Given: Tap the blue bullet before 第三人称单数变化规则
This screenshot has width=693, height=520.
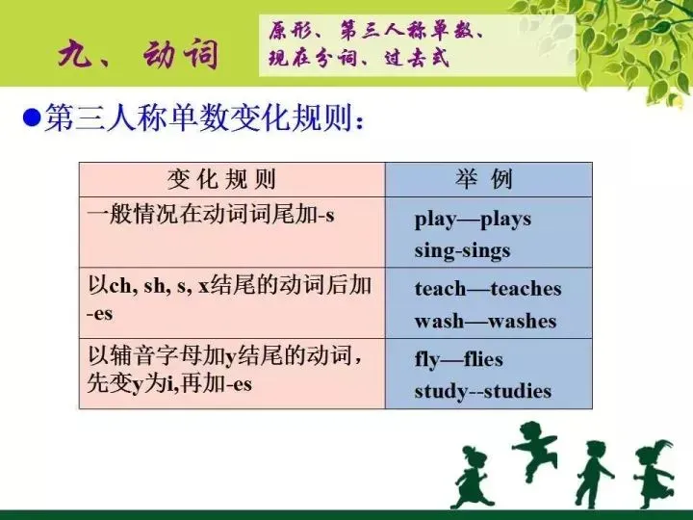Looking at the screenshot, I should click(30, 119).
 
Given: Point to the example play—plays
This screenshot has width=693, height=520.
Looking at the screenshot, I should click(473, 219).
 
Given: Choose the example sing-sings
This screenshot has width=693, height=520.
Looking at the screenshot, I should click(462, 250).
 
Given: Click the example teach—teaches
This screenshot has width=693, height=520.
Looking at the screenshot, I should click(487, 289).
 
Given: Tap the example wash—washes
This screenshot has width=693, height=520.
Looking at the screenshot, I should click(485, 321).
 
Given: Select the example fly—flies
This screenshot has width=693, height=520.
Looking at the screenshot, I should click(458, 360).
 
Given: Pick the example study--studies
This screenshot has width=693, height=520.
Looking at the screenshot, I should click(482, 391).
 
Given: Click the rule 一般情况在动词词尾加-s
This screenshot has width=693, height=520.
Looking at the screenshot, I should click(211, 215).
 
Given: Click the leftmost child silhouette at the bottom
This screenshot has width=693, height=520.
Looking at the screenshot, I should click(474, 477).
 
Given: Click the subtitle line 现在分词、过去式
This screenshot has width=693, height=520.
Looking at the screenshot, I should click(358, 59).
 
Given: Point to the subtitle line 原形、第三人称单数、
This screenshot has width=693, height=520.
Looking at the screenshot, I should click(375, 30).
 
